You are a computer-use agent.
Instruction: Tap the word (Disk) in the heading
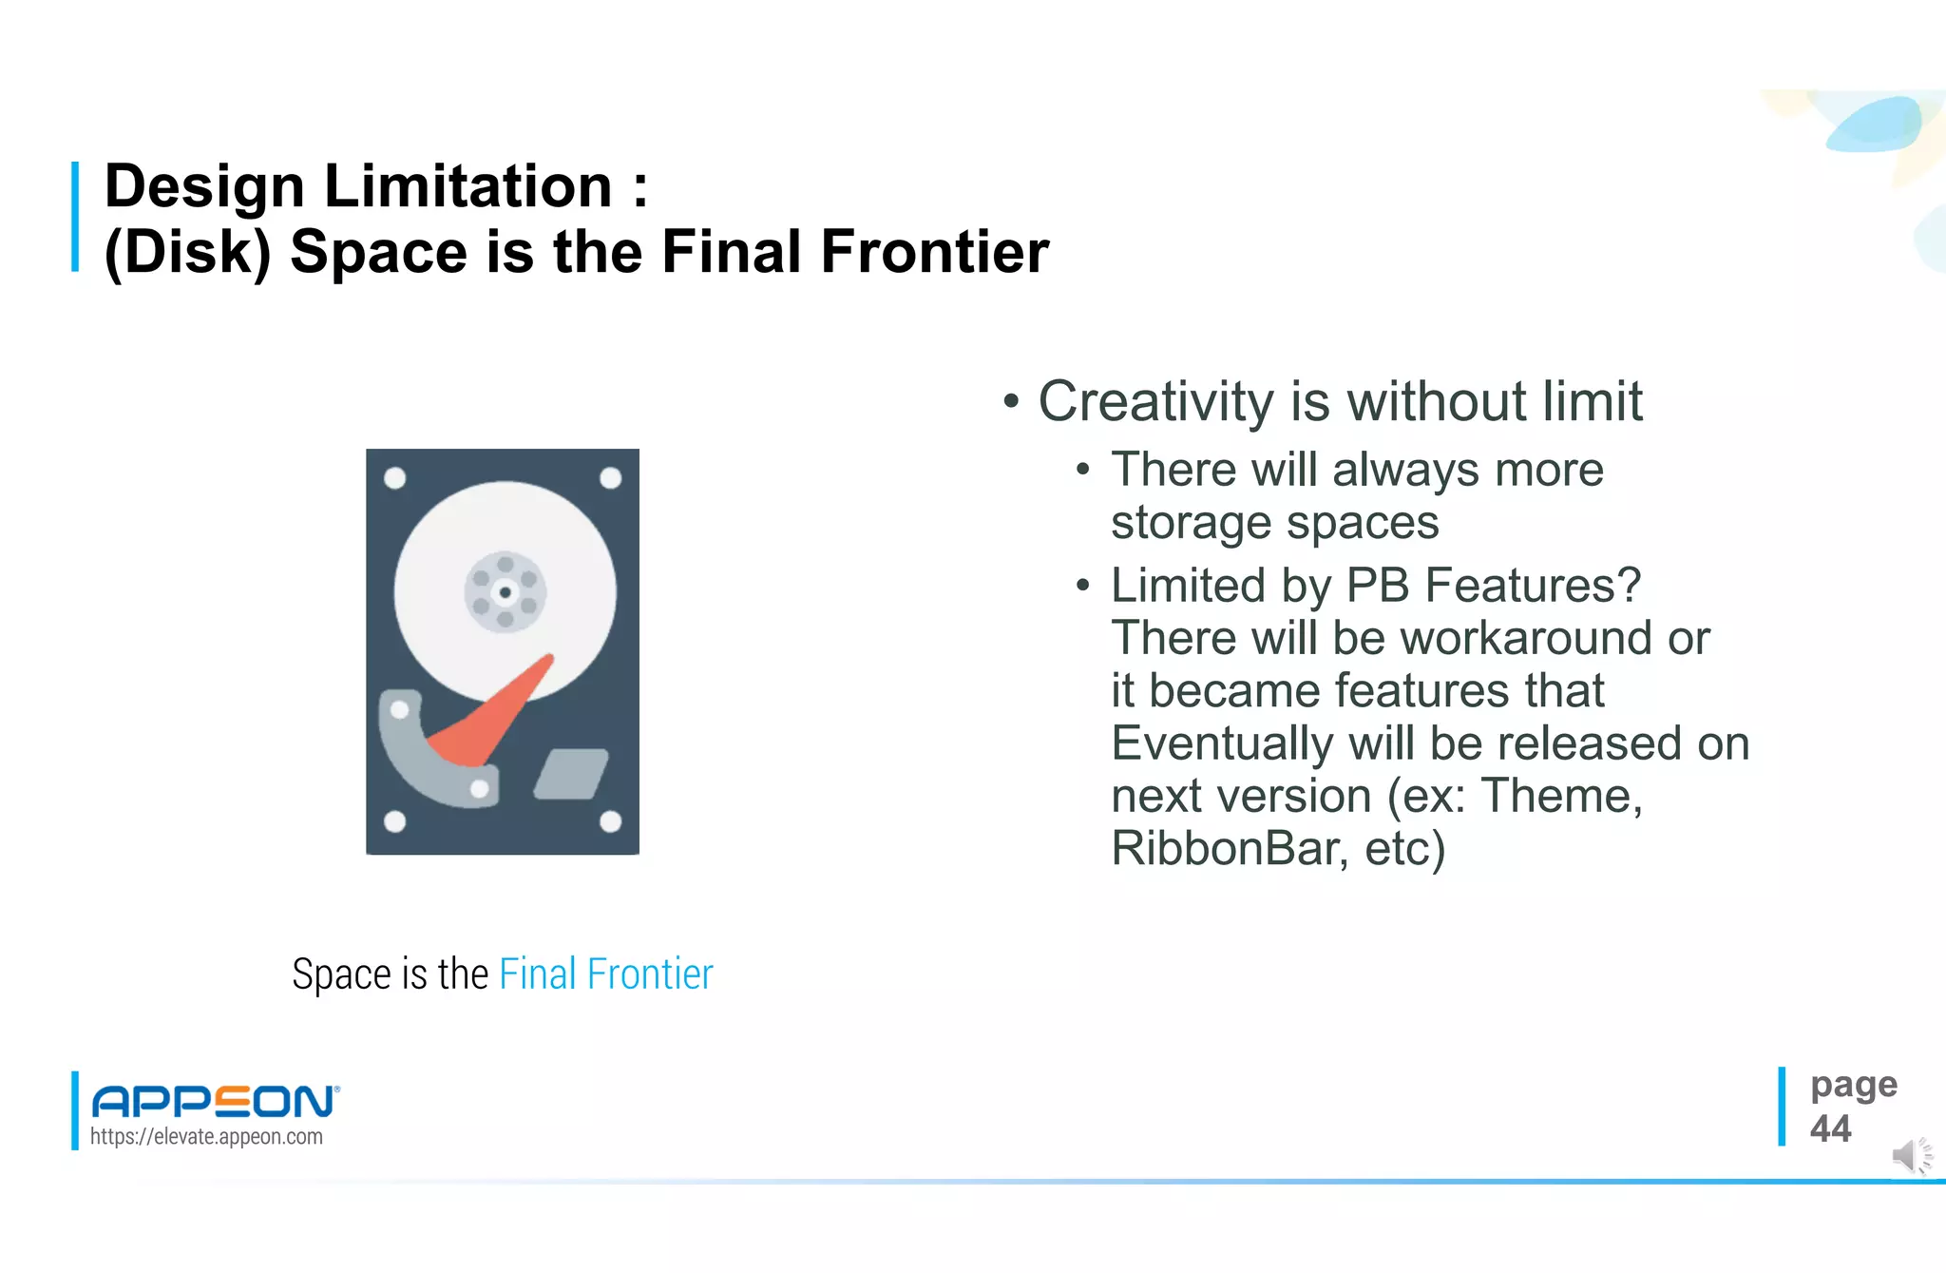187,253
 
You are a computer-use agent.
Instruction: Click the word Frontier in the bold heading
934,253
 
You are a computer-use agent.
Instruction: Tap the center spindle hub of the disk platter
505,592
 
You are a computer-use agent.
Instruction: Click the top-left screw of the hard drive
395,478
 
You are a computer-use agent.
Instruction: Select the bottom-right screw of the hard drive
610,820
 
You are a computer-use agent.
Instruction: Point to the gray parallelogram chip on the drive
570,774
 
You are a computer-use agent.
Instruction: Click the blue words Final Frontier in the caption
605,974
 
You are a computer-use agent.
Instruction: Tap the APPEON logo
215,1101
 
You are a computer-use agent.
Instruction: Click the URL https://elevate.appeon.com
206,1137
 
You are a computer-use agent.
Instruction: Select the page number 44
1830,1129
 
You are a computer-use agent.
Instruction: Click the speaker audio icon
1910,1155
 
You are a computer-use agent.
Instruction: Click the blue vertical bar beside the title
75,217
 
